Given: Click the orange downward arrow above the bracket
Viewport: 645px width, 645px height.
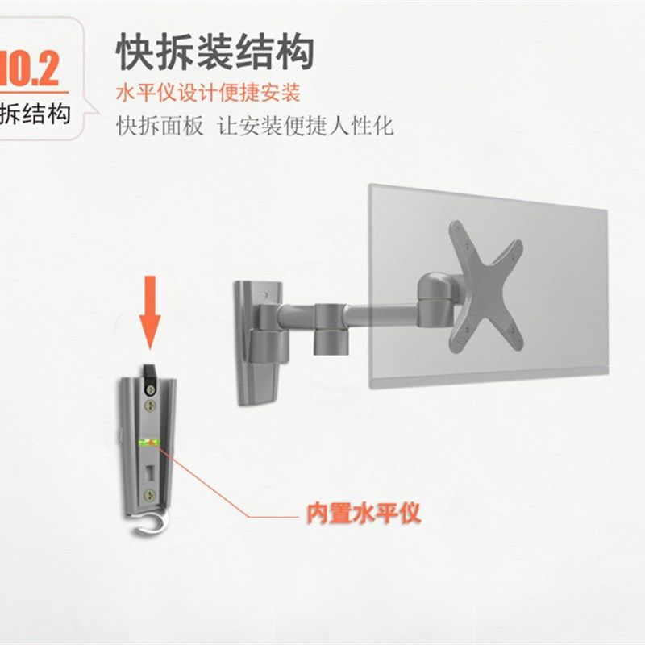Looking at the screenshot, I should click(x=150, y=318).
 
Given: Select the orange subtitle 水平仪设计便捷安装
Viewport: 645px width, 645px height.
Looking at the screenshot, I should click(x=208, y=93).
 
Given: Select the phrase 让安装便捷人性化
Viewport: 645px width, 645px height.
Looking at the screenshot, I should click(x=306, y=127).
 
